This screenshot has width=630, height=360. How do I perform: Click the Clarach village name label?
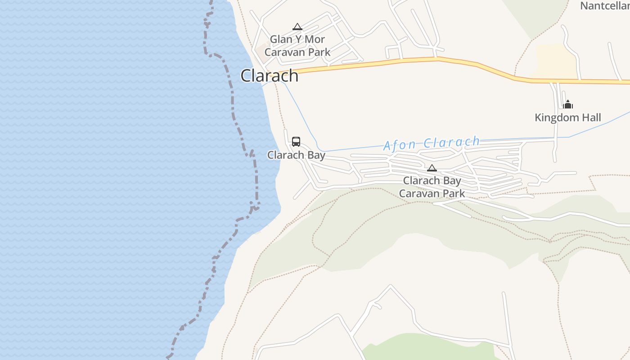tap(269, 76)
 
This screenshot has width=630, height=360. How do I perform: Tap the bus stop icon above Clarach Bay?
tap(296, 141)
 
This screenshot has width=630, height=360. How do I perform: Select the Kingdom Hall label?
tap(567, 118)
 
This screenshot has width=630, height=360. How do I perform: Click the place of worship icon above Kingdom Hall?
tap(568, 104)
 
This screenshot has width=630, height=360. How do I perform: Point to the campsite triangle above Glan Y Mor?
tap(297, 27)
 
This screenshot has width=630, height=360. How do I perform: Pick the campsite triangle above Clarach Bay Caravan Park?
tap(432, 168)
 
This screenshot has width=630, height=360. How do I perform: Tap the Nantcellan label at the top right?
tap(604, 6)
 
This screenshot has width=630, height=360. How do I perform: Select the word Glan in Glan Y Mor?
tap(281, 40)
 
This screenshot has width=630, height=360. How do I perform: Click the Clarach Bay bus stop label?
tap(296, 155)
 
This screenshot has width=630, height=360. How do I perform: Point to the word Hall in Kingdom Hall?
tap(591, 118)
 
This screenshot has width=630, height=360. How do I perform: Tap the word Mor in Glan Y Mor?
tap(315, 40)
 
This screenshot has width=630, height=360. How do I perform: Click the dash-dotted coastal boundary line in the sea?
tap(233, 103)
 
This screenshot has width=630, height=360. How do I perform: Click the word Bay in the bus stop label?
tap(315, 155)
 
